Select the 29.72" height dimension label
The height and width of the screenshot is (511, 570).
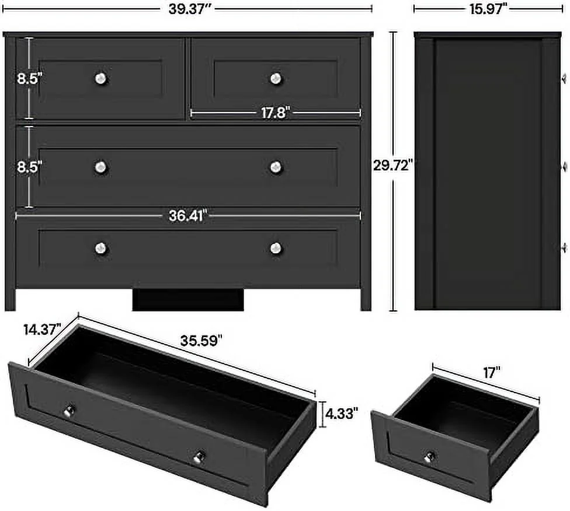(393, 165)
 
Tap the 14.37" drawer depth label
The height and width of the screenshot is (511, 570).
(42, 330)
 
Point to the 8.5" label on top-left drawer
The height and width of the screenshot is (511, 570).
(29, 79)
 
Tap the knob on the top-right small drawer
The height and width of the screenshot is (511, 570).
(276, 78)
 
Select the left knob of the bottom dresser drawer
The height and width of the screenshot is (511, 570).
(101, 248)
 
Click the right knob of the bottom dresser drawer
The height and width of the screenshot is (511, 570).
(276, 249)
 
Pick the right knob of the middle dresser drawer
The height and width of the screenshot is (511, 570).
(276, 167)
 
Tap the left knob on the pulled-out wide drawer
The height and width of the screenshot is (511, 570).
(71, 411)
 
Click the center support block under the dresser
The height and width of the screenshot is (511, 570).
(187, 300)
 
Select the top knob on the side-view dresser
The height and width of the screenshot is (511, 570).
(564, 78)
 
